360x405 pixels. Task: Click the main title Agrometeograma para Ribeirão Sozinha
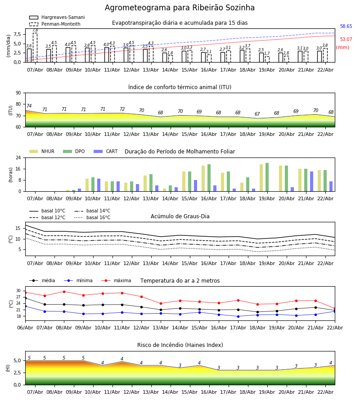tap(180, 8)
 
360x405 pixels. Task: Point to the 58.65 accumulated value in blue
tap(346, 27)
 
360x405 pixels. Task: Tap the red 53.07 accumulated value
tap(346, 40)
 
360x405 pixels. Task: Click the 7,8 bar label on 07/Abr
tap(35, 30)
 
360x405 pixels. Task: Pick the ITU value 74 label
tap(29, 106)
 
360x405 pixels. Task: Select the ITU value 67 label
tap(257, 114)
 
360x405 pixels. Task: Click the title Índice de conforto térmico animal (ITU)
tap(180, 87)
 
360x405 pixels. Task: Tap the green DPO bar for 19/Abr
tap(267, 177)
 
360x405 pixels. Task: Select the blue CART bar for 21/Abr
tap(311, 181)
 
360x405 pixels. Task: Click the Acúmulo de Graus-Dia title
tap(180, 216)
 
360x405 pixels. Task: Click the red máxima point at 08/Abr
tap(64, 292)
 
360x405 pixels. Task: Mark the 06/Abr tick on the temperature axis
tap(25, 328)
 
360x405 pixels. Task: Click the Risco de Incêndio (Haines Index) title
tap(180, 345)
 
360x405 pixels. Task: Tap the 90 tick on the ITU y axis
tap(18, 93)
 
